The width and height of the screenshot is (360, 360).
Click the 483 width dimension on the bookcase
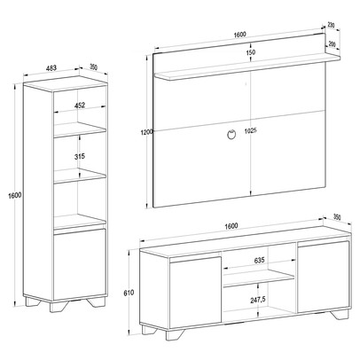point(51,68)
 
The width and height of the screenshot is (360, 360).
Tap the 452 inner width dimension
point(80,106)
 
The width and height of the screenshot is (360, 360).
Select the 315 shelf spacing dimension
point(80,156)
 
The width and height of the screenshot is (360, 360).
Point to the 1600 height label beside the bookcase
point(15,195)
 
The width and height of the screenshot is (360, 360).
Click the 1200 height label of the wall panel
point(146,132)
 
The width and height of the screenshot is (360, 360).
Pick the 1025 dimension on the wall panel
point(251,130)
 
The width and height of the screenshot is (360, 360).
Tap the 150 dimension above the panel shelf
point(251,52)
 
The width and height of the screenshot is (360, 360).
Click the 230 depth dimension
point(331,26)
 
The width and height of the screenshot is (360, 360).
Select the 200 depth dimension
point(332,44)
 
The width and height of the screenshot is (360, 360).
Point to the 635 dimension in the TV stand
point(259,261)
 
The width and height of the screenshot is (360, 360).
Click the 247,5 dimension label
point(258,300)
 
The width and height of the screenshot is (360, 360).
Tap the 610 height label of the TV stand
point(129,293)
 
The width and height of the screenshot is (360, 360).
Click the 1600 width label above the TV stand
point(231,226)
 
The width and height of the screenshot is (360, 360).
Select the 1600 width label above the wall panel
point(240,35)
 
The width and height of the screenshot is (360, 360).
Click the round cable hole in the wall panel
point(231,134)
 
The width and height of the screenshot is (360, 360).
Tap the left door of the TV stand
point(195,293)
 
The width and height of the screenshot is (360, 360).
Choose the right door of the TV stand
point(324,277)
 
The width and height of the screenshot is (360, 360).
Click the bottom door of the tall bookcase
point(80,264)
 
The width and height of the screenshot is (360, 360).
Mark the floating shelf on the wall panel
point(247,67)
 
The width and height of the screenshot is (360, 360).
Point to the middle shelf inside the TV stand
point(259,279)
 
